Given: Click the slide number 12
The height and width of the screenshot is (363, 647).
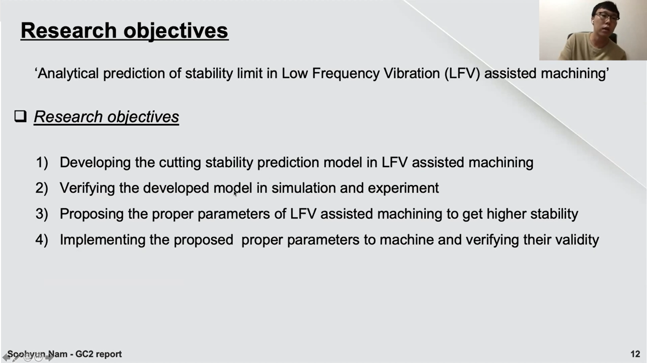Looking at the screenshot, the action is [635, 354].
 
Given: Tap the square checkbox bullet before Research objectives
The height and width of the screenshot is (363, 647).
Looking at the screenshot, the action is [20, 116].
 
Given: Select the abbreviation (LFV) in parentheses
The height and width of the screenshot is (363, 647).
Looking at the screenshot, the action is [462, 74].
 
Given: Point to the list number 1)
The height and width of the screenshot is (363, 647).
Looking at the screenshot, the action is [42, 162].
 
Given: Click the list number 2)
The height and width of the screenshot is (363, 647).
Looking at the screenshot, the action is [42, 188].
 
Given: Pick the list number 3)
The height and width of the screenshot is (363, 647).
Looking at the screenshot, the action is [42, 214].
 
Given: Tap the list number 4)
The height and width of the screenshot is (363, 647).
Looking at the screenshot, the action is [42, 240].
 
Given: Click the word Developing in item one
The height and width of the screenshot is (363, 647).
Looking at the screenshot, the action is [95, 163].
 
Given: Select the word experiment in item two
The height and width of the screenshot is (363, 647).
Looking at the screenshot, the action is [403, 188].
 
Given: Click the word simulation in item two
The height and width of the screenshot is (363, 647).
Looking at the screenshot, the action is [303, 188].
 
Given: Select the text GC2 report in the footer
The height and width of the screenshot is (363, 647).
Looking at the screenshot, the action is [98, 354].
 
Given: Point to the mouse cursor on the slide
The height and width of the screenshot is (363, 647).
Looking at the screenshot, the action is [235, 193].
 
